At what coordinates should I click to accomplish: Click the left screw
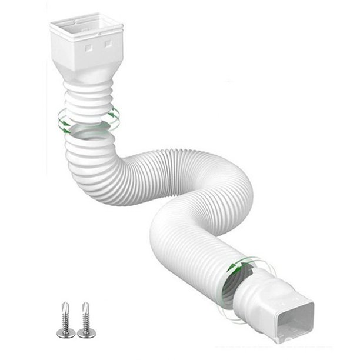pyautogui.click(x=66, y=320)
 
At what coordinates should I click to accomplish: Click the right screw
pyautogui.click(x=86, y=320)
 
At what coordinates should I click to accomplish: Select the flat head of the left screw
pyautogui.click(x=66, y=334)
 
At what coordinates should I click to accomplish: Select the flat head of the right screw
pyautogui.click(x=86, y=334)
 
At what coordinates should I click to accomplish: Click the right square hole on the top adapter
pyautogui.click(x=108, y=43)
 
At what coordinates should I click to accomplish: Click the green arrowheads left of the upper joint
pyautogui.click(x=62, y=122)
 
